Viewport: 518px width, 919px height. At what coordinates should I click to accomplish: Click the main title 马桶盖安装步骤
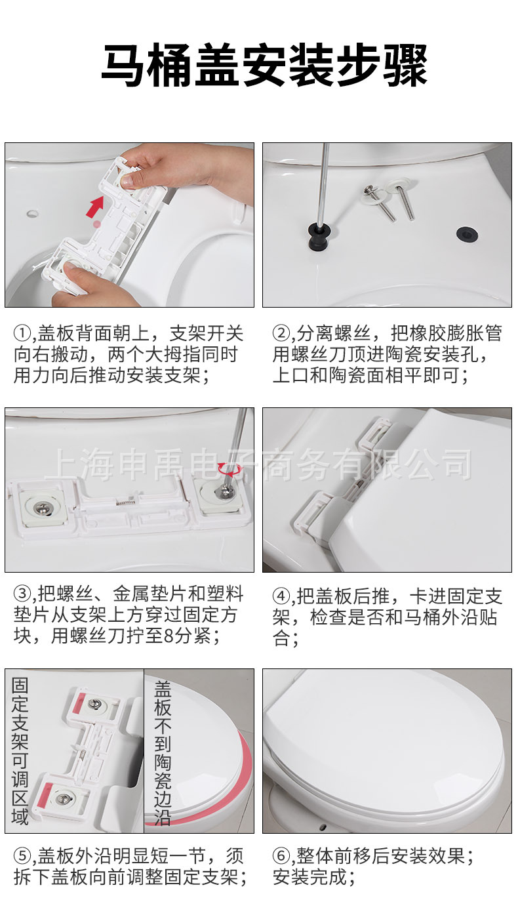coord(264,65)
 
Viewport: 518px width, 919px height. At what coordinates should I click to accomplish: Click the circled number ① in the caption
coord(22,333)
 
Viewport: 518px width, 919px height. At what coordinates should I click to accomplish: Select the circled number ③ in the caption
coord(22,594)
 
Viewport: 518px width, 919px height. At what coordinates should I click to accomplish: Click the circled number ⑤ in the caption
coord(22,856)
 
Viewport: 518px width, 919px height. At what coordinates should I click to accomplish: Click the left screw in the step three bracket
coord(42,506)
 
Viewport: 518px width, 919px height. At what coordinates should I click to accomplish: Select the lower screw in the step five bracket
coord(63,798)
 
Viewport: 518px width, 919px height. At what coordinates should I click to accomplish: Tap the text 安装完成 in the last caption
coord(309,877)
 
